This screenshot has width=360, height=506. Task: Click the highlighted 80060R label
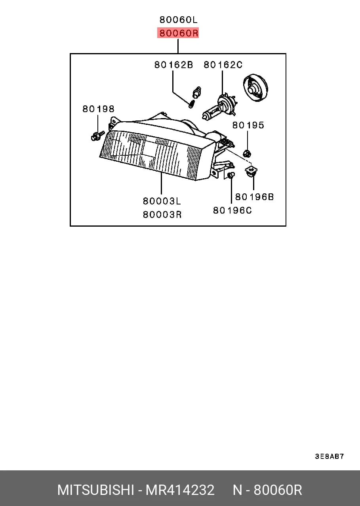coord(178,33)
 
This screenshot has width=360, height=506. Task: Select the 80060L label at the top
coord(178,20)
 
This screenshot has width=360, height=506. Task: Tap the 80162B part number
coord(173,65)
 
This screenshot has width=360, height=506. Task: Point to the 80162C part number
coord(223,65)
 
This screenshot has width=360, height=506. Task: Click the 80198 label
coord(98,109)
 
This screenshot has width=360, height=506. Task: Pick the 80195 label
coord(248,125)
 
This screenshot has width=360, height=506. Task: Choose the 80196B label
coord(254,197)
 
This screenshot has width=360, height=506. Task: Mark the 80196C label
coord(232,210)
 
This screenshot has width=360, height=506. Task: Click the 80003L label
coord(162,201)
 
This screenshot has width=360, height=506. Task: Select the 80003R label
coord(162,214)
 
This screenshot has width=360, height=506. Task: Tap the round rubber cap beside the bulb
coord(255,88)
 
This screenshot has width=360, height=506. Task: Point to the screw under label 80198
coord(97,136)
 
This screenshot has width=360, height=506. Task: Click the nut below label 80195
coord(247,153)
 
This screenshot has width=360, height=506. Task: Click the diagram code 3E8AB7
coord(329,456)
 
